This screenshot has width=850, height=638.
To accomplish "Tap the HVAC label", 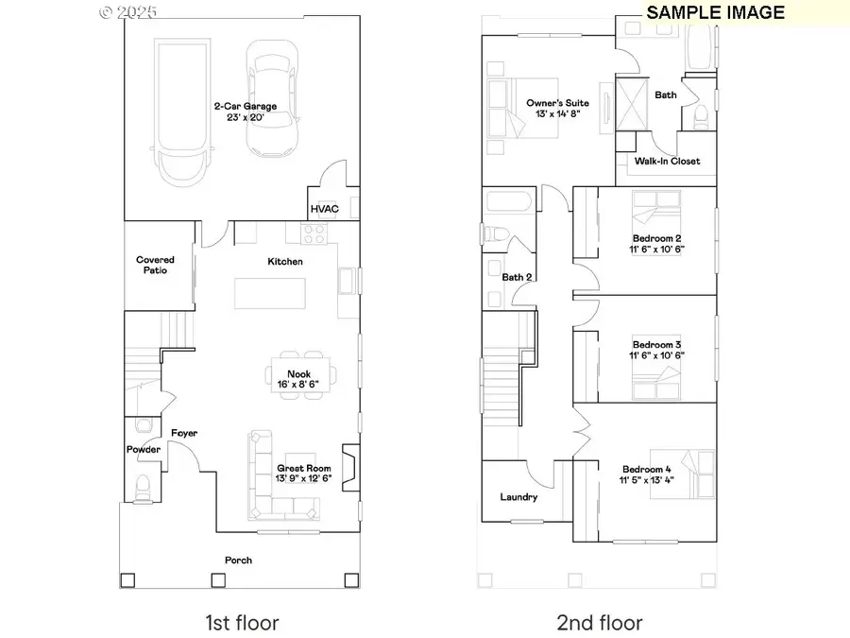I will click(324, 209).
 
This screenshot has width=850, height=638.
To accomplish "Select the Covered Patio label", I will click(155, 265).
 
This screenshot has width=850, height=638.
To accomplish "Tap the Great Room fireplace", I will click(350, 467).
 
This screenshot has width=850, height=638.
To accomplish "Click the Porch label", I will click(238, 560).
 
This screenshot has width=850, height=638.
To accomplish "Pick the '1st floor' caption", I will click(242, 622).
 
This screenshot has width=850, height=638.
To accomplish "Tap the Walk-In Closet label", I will click(667, 162).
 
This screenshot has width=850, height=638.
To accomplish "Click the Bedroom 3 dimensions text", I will click(657, 355).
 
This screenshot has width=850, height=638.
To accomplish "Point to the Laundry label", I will click(518, 497).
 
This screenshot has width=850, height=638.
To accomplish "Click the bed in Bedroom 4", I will click(696, 473).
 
